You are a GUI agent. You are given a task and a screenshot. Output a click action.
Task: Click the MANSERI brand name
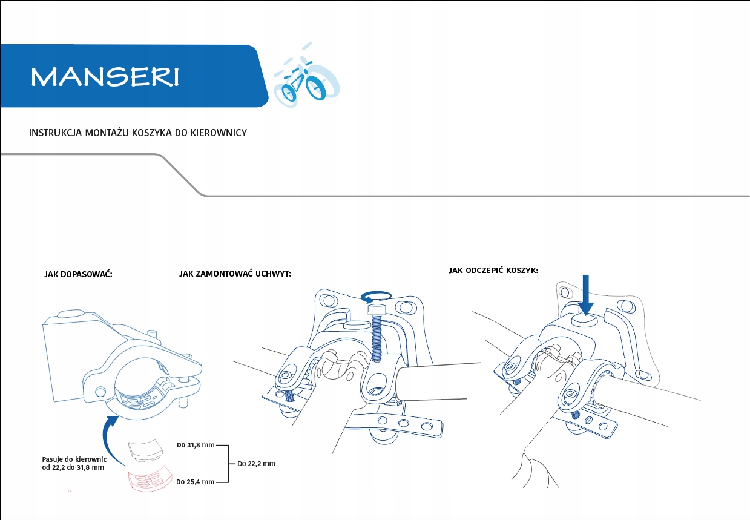[105, 77]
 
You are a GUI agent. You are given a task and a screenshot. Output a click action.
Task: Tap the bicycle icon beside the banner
[306, 81]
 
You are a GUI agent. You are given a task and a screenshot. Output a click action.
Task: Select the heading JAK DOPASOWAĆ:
[79, 274]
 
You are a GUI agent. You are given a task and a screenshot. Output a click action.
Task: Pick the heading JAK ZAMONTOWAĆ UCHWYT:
[235, 274]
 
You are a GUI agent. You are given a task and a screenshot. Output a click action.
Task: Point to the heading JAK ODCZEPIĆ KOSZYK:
[493, 270]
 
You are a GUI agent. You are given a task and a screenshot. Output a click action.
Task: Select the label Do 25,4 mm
[195, 482]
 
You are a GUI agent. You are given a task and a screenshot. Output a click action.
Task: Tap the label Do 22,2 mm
[256, 464]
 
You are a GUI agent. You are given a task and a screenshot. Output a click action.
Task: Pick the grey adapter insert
[145, 449]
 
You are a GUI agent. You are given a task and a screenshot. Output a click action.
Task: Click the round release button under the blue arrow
[584, 319]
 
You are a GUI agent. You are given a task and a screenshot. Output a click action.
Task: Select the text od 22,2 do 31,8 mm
[73, 468]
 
